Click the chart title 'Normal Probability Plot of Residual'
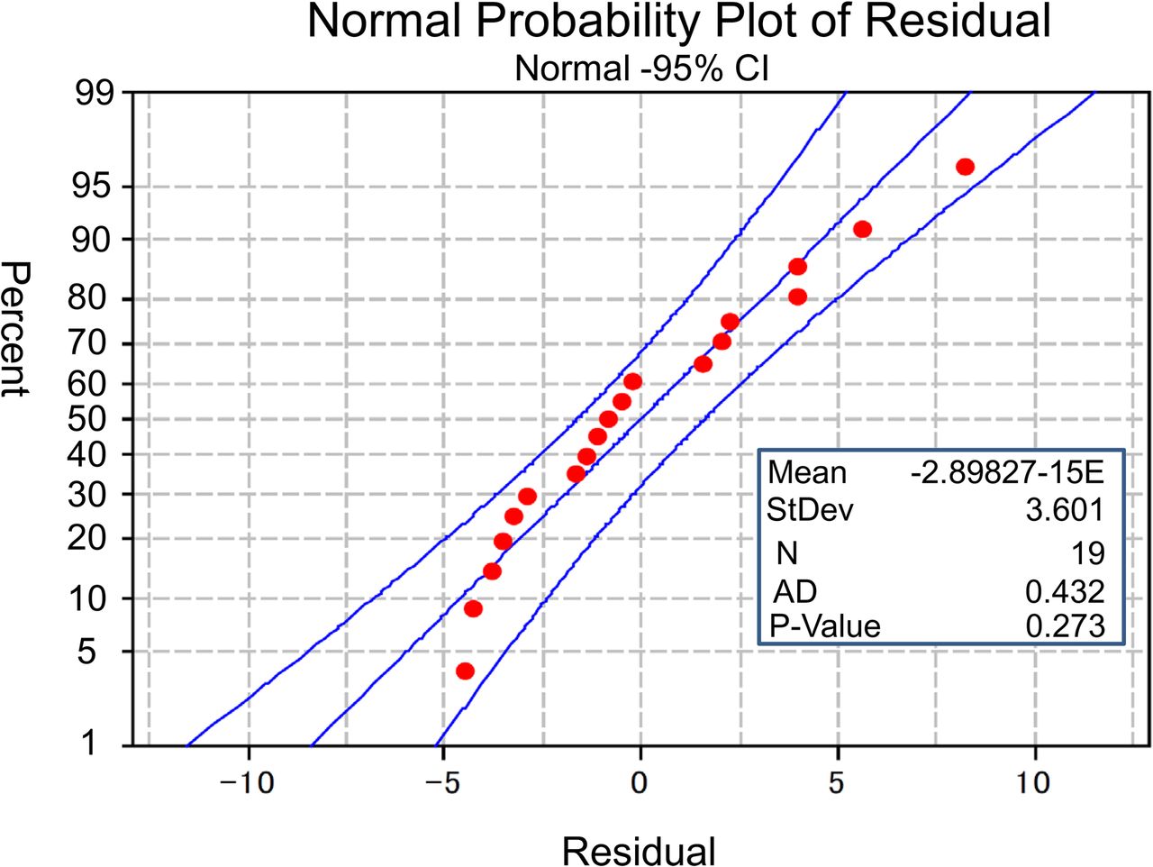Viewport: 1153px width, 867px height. click(679, 22)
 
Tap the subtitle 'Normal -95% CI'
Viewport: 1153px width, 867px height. click(641, 68)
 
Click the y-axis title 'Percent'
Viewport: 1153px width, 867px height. click(16, 328)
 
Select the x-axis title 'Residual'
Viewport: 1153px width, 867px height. click(639, 850)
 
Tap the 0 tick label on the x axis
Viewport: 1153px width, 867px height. click(640, 781)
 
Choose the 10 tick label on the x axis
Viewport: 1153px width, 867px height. click(1034, 781)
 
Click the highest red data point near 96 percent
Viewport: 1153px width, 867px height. click(965, 167)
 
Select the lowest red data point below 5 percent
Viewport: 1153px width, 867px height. click(465, 671)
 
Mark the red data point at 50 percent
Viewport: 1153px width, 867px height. click(608, 419)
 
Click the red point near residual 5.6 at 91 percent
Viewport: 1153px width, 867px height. click(862, 229)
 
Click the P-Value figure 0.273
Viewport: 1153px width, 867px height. click(1065, 625)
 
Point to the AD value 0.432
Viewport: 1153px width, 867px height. click(1065, 591)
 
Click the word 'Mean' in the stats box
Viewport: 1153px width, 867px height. click(807, 472)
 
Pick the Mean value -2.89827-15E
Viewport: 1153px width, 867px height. click(1007, 472)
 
